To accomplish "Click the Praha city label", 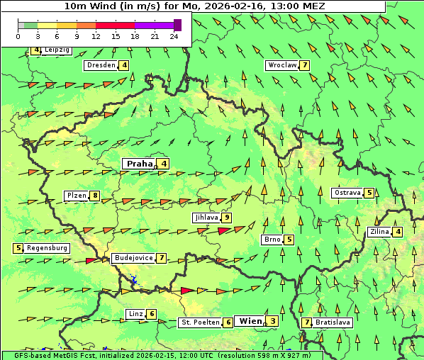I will pos(140,164).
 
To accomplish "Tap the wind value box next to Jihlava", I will pos(227,218).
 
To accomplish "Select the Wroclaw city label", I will pos(281,65).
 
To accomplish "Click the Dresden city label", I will pos(101,65).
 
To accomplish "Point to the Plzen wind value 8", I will pos(95,196).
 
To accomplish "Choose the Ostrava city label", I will pos(347,193).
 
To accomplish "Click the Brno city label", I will pos(272,240).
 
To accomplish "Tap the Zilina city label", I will pos(379,232).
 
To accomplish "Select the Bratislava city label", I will pos(333,322).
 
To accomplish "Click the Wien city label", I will pos(251,321).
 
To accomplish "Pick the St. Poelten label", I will pos(199,322).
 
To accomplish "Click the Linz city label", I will pos(135,314).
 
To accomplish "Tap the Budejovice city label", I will pos(133,258).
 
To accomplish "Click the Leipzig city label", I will pos(56,50).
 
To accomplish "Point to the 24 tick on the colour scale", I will pos(174,36).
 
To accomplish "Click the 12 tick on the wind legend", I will pos(96,36).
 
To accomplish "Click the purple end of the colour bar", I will pos(177,25).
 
